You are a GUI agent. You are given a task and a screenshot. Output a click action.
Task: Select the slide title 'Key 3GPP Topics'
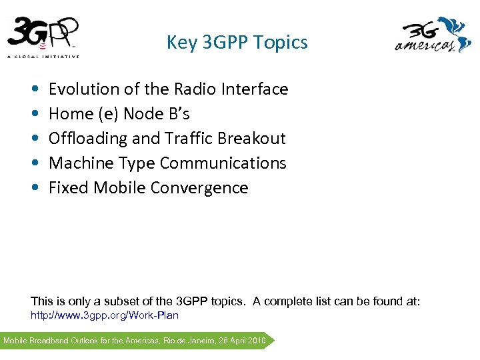237,43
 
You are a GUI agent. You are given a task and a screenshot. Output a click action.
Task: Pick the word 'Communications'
223,163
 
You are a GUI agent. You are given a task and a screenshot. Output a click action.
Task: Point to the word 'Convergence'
199,188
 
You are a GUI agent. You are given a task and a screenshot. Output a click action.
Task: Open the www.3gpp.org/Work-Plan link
105,315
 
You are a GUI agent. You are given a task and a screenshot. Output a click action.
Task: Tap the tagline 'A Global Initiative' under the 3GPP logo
43,56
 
